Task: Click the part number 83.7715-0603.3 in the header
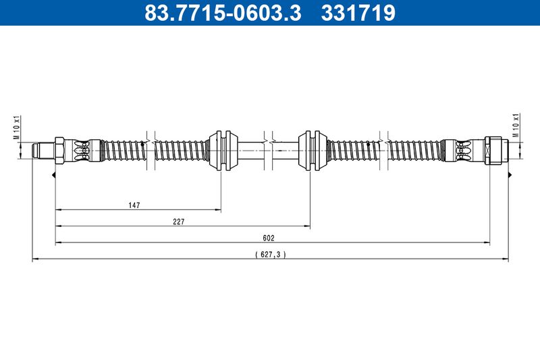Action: [x=223, y=13]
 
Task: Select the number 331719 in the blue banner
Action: [x=358, y=13]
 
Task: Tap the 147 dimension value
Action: [x=134, y=205]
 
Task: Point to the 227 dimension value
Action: [x=179, y=222]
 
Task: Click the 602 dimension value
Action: [x=269, y=238]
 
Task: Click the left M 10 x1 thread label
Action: [x=17, y=128]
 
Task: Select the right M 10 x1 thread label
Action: [x=516, y=125]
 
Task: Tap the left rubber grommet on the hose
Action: [x=223, y=151]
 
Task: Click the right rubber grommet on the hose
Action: [x=313, y=151]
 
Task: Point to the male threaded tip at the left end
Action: [x=43, y=151]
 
